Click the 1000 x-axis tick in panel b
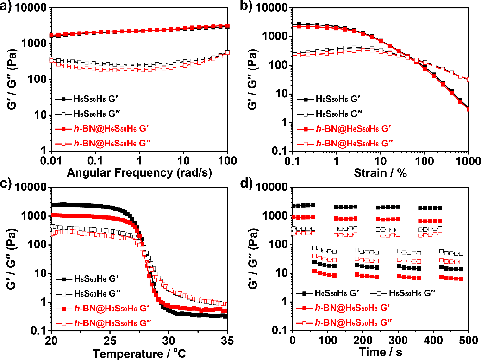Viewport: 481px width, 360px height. pyautogui.click(x=468, y=162)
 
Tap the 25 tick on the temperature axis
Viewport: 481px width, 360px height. pyautogui.click(x=110, y=341)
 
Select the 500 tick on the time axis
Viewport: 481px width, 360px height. pyautogui.click(x=468, y=341)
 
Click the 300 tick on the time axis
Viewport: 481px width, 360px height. pyautogui.click(x=398, y=341)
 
